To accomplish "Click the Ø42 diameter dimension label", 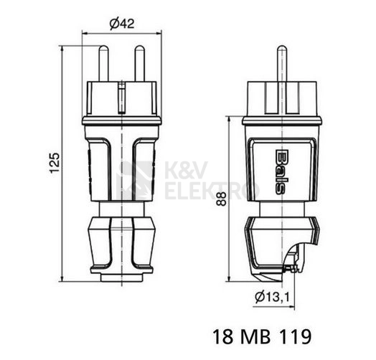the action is [122, 23].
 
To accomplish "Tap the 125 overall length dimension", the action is [55, 163].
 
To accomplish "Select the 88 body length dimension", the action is [221, 199].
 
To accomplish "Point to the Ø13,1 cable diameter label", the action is [272, 298].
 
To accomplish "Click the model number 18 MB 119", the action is [262, 336].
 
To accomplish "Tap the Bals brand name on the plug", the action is [280, 172].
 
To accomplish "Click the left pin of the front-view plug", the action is [104, 64].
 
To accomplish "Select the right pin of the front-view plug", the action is [139, 64].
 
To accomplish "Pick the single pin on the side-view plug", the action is [282, 64].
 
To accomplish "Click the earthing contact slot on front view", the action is [122, 97].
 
